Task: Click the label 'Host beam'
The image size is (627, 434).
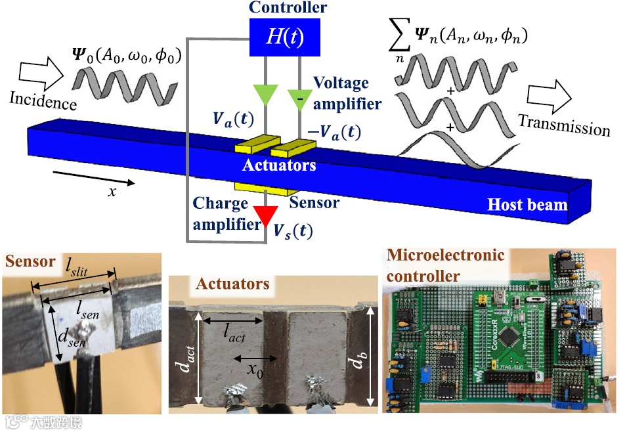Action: pos(527,204)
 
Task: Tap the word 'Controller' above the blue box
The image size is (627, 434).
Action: pos(288,8)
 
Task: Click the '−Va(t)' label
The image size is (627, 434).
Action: pos(335,132)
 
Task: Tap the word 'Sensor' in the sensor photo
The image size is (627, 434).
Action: pos(30,261)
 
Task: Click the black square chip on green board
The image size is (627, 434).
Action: pos(509,339)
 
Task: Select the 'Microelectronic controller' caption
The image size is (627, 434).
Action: pos(445,265)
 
